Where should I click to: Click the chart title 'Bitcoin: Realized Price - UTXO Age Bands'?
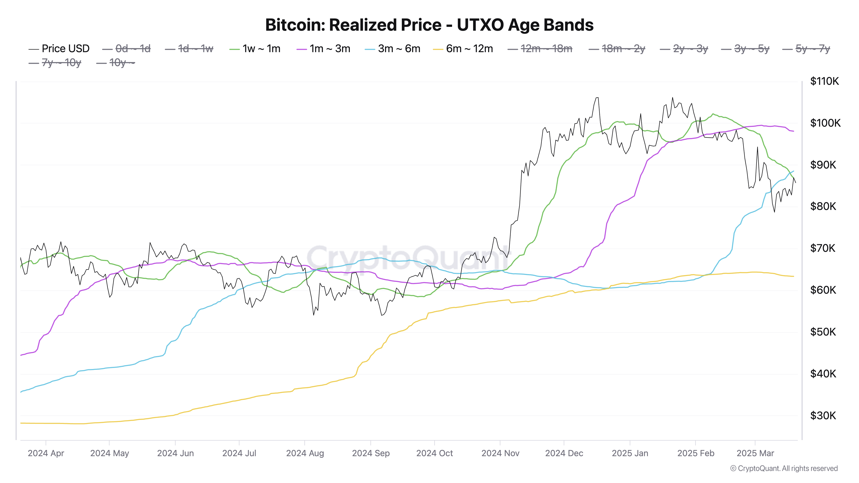pos(429,25)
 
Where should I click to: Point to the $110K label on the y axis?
pos(824,81)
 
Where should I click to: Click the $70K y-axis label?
pos(823,248)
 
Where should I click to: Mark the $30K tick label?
pos(823,416)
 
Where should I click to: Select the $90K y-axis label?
pos(823,165)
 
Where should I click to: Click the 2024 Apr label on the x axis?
pos(46,453)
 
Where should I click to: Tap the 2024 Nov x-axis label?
pos(500,453)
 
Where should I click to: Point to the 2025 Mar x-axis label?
pos(755,453)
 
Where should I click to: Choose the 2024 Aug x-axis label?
pos(305,453)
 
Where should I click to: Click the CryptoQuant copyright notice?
pos(784,469)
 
